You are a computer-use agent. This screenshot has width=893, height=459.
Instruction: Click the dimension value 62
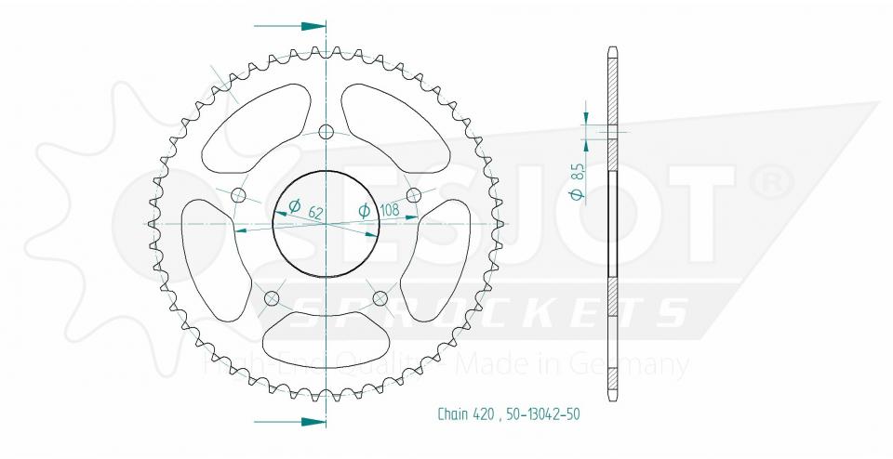click(315, 213)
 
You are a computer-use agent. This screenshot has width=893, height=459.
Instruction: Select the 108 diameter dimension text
click(390, 211)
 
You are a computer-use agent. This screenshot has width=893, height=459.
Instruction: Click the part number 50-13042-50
click(542, 414)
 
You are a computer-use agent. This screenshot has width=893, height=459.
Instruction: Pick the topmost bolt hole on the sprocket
click(326, 131)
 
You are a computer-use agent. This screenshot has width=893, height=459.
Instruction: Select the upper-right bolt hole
click(414, 194)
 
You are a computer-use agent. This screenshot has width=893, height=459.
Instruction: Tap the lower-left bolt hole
click(272, 298)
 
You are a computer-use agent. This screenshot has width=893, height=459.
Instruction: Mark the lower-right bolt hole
click(380, 298)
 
